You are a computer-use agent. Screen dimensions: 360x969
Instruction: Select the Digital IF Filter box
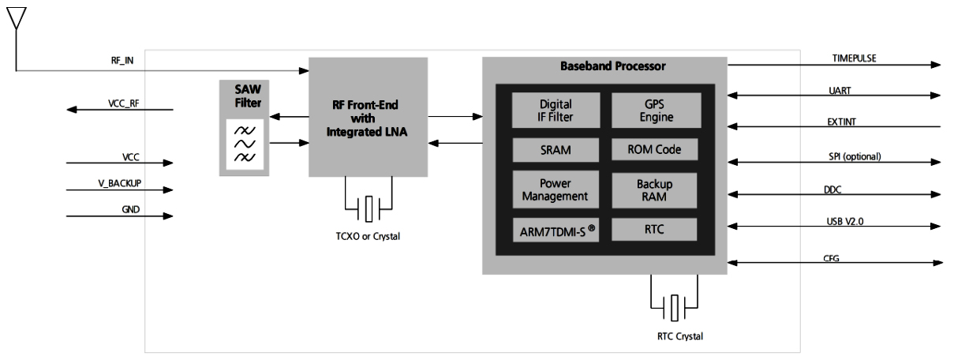[x=556, y=110]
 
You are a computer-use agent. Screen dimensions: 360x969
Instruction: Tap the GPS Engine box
[x=656, y=110]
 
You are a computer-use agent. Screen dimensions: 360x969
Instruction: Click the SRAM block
[x=556, y=148]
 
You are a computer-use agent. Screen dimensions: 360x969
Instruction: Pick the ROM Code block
[x=656, y=148]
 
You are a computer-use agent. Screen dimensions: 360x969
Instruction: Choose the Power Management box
[x=556, y=189]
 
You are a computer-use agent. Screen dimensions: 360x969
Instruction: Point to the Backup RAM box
[x=656, y=189]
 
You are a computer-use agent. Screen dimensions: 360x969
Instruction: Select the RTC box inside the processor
[x=656, y=230]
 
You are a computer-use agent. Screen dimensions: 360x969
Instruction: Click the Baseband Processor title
[x=605, y=67]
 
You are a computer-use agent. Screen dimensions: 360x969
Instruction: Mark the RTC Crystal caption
[x=672, y=336]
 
